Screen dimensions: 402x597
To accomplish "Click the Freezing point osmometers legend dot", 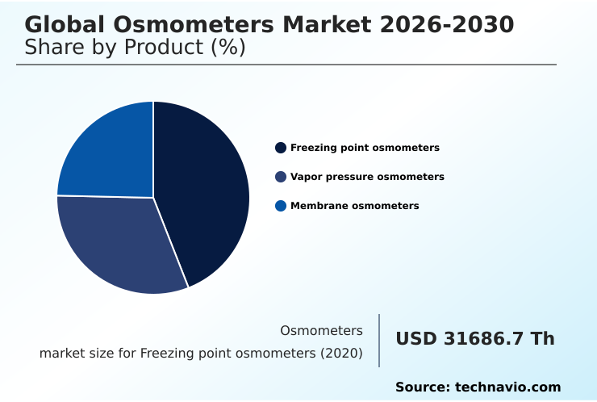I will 281,148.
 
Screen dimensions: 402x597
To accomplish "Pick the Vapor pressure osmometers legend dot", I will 281,177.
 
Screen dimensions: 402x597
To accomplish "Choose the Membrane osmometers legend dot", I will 281,206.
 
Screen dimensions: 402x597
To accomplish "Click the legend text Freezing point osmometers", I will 365,148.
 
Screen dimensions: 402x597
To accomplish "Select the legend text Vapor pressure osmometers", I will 367,177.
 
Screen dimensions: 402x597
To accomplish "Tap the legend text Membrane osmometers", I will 354,206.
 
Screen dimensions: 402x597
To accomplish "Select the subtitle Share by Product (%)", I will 135,48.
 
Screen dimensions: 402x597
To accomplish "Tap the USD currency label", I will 415,339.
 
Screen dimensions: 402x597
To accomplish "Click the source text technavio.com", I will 507,387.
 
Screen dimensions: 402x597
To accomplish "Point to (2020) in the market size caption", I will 341,354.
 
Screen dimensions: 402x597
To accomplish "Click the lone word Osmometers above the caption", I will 321,330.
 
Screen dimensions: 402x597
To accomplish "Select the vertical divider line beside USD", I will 379,341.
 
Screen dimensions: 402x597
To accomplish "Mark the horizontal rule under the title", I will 286,65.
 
